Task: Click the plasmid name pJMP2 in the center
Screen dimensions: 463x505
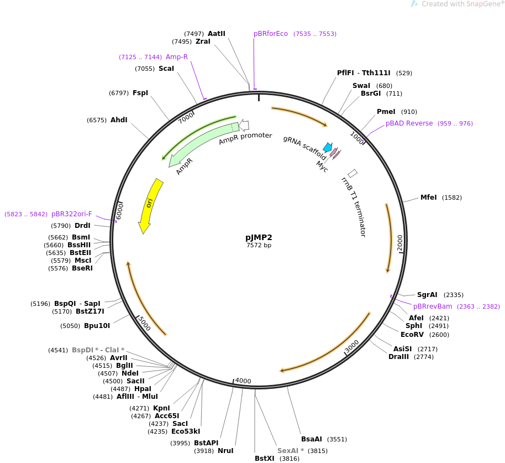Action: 259,237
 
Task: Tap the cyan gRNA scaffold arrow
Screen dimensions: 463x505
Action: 328,148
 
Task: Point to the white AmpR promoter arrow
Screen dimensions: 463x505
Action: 244,126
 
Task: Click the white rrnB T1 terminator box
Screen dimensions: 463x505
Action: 353,173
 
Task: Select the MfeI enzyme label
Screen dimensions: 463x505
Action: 428,197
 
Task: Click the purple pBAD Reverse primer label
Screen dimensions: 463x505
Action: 409,123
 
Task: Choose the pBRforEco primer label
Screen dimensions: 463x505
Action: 271,34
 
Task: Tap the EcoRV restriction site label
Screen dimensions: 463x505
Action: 412,335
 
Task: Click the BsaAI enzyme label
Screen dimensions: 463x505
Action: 312,439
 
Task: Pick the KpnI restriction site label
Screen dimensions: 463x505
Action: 161,408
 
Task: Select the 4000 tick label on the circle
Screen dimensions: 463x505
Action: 243,381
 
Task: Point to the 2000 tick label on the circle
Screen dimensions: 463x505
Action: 400,242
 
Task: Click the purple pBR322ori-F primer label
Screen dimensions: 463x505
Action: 72,214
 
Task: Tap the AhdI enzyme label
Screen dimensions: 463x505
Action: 119,120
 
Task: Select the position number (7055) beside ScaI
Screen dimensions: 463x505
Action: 145,69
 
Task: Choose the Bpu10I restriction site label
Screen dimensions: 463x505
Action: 97,326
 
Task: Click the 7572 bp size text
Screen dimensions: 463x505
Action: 259,245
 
